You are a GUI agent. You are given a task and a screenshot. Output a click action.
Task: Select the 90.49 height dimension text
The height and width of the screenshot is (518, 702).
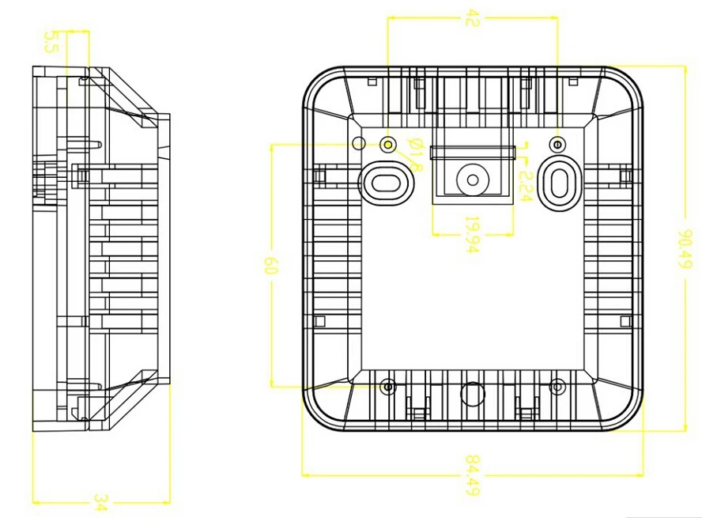(x=687, y=250)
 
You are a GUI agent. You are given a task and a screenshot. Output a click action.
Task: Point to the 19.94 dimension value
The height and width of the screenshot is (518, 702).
(x=472, y=236)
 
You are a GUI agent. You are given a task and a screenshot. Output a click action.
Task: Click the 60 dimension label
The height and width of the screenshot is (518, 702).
(x=272, y=265)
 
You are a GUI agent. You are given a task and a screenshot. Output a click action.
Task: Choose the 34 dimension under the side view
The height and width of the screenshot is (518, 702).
(x=100, y=502)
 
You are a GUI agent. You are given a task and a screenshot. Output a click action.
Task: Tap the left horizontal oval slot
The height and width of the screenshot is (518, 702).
(x=386, y=181)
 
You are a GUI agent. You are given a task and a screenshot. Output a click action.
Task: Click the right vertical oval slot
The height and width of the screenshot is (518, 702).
(x=559, y=181)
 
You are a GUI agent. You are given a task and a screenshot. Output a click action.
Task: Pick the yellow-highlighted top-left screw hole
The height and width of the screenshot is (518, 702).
(x=388, y=145)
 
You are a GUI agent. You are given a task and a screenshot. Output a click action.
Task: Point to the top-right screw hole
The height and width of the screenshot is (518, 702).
(x=557, y=145)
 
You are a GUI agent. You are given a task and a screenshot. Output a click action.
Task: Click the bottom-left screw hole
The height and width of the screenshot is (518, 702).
(x=388, y=387)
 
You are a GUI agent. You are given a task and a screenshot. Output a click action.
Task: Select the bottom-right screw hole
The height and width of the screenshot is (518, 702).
(x=557, y=387)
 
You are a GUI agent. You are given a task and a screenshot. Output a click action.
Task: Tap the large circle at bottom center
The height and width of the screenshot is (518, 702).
(x=472, y=393)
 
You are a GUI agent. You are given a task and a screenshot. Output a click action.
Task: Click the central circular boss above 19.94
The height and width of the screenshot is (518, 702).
(x=472, y=179)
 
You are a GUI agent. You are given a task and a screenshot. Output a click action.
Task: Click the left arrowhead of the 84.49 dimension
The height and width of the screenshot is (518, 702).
(x=306, y=475)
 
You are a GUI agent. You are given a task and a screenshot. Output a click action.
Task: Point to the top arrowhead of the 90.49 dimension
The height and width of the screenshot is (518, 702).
(x=685, y=69)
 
